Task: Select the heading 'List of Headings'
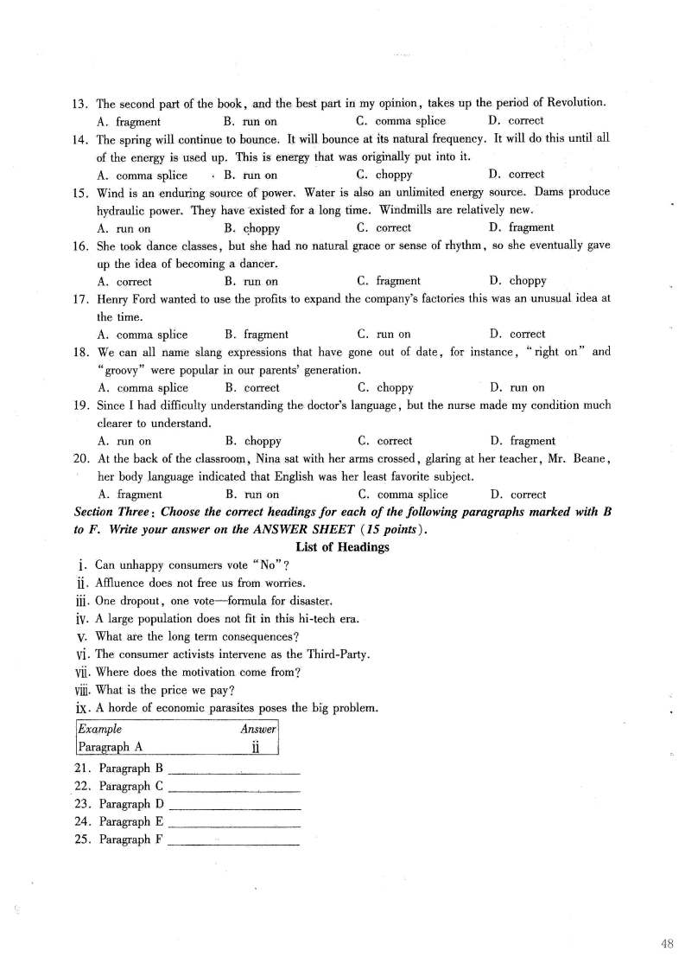(342, 546)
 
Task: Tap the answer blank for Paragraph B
(234, 768)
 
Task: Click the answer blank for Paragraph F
(234, 839)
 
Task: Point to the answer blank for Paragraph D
(234, 804)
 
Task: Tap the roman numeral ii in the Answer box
(256, 747)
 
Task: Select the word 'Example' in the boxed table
(99, 729)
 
